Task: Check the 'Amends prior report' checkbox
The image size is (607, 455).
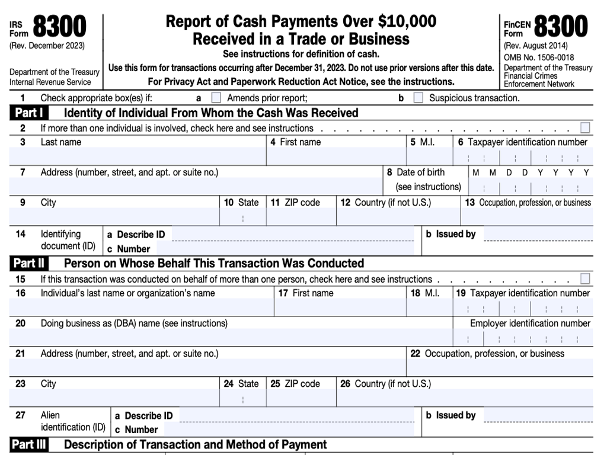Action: (x=216, y=98)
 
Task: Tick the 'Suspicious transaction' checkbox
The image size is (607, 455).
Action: (x=418, y=98)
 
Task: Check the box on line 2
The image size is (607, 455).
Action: (x=585, y=128)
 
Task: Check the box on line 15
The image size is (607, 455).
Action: (x=585, y=279)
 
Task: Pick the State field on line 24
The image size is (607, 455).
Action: (x=242, y=398)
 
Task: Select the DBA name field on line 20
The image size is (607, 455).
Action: (x=231, y=338)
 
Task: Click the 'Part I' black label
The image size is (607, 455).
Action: (x=29, y=113)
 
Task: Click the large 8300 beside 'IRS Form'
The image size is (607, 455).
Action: (x=59, y=27)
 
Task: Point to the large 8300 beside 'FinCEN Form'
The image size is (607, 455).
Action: (x=561, y=27)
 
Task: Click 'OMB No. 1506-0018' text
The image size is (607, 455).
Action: (x=539, y=57)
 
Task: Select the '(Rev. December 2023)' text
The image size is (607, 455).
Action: (x=47, y=46)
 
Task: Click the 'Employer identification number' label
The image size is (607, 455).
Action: (x=530, y=323)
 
